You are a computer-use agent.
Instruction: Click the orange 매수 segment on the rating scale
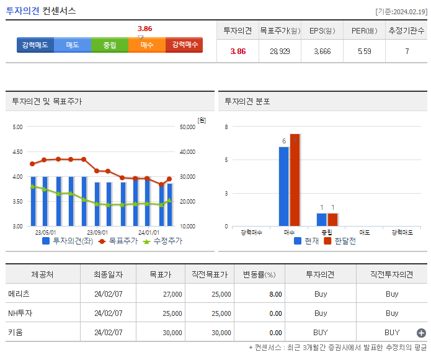[x=147, y=45]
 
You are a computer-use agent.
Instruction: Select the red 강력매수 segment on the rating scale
[x=184, y=45]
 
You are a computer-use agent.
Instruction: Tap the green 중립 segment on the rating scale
[x=110, y=45]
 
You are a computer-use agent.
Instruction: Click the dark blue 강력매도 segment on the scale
[x=35, y=45]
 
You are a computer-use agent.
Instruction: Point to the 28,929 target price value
[x=280, y=52]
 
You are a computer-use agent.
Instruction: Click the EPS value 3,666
[x=322, y=52]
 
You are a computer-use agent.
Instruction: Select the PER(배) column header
[x=364, y=30]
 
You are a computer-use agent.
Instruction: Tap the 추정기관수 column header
[x=407, y=30]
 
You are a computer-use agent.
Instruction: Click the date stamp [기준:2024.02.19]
[x=402, y=11]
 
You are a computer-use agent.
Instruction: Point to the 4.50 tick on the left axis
[x=17, y=151]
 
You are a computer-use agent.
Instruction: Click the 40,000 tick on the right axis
[x=187, y=151]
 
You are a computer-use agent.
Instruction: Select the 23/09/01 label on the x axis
[x=97, y=232]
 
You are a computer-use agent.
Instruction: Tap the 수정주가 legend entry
[x=162, y=241]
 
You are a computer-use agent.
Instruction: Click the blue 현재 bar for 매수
[x=284, y=186]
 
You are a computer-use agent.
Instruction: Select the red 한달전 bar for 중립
[x=333, y=220]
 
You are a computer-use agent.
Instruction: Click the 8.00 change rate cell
[x=275, y=294]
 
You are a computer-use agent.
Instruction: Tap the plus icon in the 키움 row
[x=421, y=333]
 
